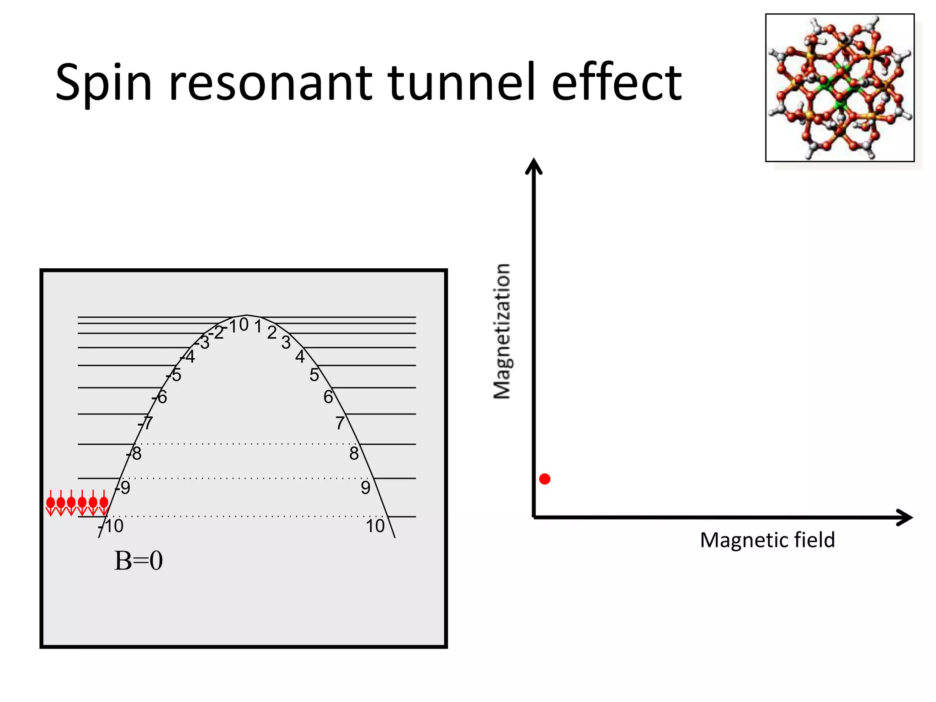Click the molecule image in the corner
click(x=840, y=88)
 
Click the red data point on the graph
click(x=544, y=479)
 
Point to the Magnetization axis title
click(x=502, y=331)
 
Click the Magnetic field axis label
click(x=767, y=540)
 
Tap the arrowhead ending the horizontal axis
click(x=904, y=517)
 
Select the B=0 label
click(x=138, y=561)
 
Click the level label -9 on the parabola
click(x=123, y=488)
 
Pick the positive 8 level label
click(x=354, y=453)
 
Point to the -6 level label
click(x=160, y=397)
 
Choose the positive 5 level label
click(x=314, y=375)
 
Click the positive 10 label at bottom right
click(x=375, y=526)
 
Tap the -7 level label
click(x=146, y=423)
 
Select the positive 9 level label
click(x=366, y=488)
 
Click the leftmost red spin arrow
click(x=51, y=503)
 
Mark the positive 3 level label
click(x=286, y=342)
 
